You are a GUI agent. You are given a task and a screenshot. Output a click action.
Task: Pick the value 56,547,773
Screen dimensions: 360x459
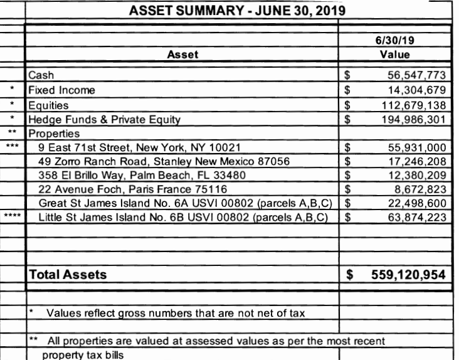(x=416, y=76)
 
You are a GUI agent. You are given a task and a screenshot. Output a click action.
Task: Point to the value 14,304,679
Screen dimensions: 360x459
(x=416, y=90)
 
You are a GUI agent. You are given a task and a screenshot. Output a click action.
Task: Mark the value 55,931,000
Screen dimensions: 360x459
(x=416, y=148)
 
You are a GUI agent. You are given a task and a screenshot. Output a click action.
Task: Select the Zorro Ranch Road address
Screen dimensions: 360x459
(x=164, y=162)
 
